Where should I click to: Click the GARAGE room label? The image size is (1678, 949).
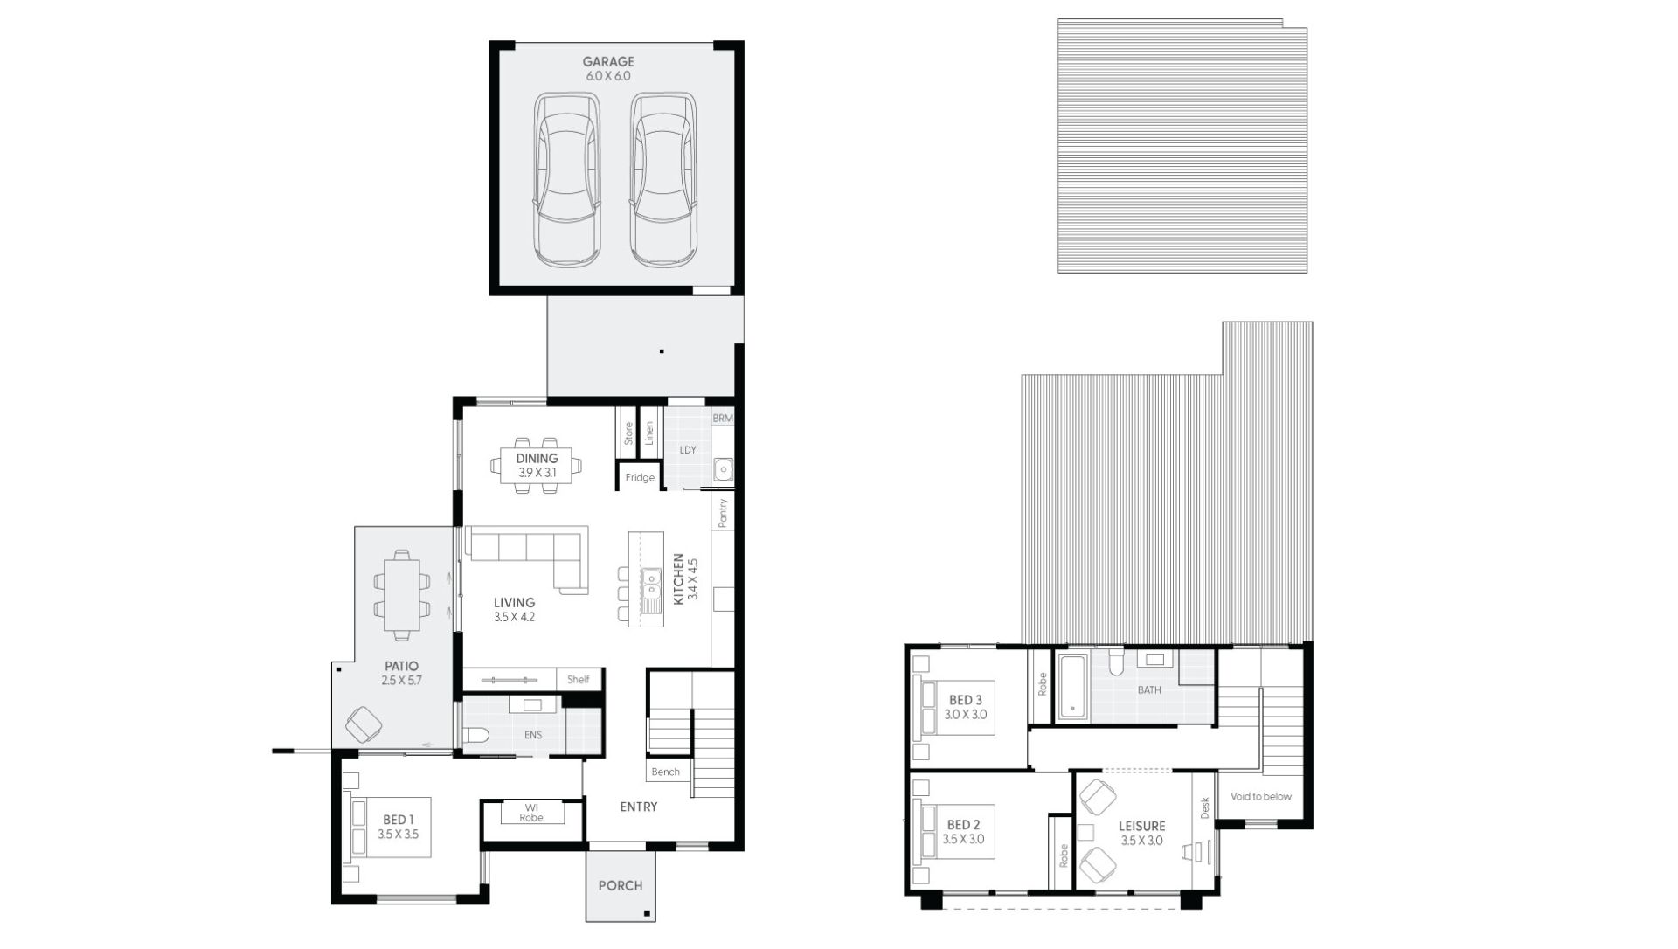tap(608, 62)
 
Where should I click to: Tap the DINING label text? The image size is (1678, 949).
tap(537, 459)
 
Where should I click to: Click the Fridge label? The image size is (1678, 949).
tap(640, 478)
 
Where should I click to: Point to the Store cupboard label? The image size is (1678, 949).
tap(628, 433)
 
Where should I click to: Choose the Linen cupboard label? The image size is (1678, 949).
tap(649, 433)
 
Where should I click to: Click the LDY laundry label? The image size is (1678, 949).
tap(688, 450)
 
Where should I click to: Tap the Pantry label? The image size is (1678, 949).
tap(723, 513)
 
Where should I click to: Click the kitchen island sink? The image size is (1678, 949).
tap(651, 579)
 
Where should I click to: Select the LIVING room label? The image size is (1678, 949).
tap(514, 603)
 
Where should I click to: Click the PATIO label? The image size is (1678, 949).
tap(401, 667)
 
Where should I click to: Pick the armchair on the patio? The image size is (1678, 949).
tap(364, 724)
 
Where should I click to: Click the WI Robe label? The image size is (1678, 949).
tap(530, 813)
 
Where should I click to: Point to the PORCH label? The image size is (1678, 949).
tap(621, 886)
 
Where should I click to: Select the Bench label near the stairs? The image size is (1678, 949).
tap(666, 772)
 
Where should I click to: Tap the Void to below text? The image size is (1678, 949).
tap(1260, 797)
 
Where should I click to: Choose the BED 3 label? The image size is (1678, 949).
tap(966, 701)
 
